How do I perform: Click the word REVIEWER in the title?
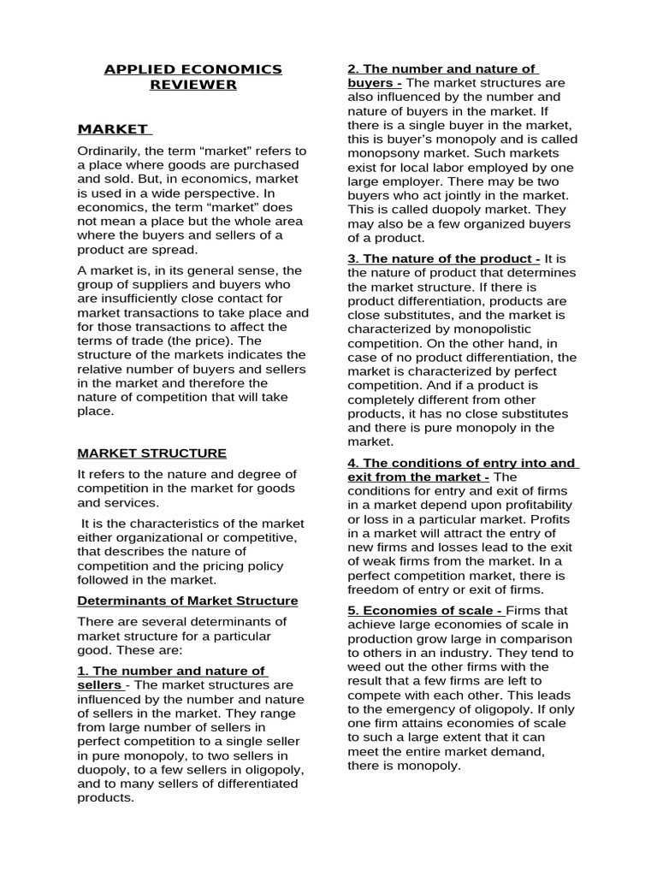pyautogui.click(x=193, y=85)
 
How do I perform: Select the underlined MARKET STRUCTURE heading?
pyautogui.click(x=152, y=453)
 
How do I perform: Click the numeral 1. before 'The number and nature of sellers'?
pyautogui.click(x=83, y=671)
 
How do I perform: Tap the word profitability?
pyautogui.click(x=532, y=505)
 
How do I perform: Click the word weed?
pyautogui.click(x=364, y=666)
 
